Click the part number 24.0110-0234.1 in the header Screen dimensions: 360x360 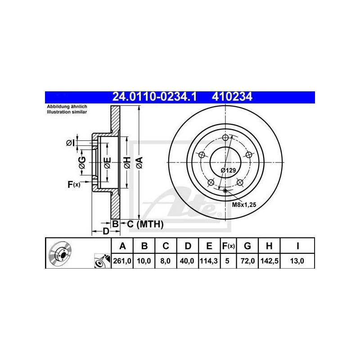click(154, 97)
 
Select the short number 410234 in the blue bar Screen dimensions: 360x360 click(232, 97)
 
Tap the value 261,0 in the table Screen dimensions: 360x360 click(122, 261)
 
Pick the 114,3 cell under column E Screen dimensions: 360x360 click(209, 261)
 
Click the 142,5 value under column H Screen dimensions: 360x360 click(269, 261)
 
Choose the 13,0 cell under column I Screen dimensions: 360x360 click(297, 261)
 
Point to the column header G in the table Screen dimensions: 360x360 click(247, 246)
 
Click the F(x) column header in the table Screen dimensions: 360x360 click(228, 246)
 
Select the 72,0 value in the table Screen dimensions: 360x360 click(247, 261)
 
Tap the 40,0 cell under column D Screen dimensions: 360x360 click(187, 261)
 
